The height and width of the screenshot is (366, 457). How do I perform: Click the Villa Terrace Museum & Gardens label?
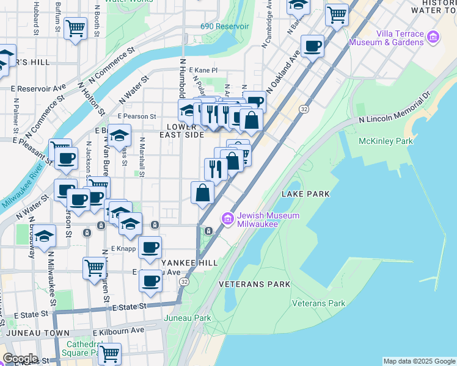pyautogui.click(x=386, y=38)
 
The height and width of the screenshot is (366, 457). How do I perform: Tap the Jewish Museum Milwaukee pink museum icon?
pyautogui.click(x=228, y=218)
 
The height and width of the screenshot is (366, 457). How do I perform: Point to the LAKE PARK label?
pyautogui.click(x=305, y=194)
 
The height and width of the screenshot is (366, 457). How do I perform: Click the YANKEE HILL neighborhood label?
pyautogui.click(x=188, y=262)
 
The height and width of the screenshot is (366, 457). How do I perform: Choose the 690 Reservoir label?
pyautogui.click(x=225, y=27)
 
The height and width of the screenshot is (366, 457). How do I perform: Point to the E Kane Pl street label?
pyautogui.click(x=203, y=71)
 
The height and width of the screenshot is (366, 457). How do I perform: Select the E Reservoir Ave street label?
pyautogui.click(x=38, y=88)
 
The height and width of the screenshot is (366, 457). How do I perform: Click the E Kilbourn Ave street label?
pyautogui.click(x=119, y=331)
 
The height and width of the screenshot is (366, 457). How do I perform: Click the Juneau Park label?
pyautogui.click(x=188, y=318)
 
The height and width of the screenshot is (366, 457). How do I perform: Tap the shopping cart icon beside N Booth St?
pyautogui.click(x=75, y=27)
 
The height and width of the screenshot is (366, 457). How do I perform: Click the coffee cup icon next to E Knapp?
pyautogui.click(x=150, y=247)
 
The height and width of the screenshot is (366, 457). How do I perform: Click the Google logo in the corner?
pyautogui.click(x=20, y=359)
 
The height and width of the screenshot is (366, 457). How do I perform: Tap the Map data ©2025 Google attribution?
pyautogui.click(x=419, y=361)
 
